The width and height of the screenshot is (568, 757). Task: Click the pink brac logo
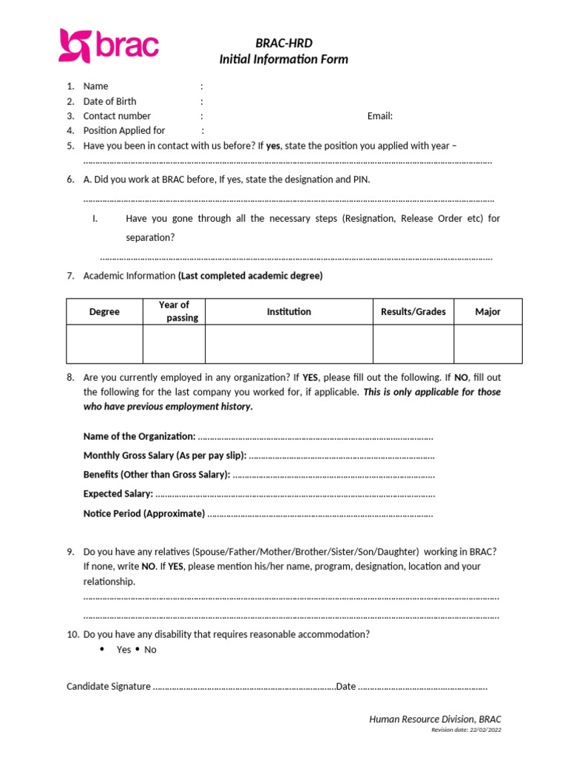109,46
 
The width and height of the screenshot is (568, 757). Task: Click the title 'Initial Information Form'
283,59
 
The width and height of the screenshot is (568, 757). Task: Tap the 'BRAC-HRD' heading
284,44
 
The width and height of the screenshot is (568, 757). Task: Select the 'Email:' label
380,116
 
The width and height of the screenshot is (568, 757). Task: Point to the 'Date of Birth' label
109,101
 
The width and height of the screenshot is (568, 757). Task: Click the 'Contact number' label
117,116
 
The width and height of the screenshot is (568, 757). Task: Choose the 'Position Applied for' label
124,131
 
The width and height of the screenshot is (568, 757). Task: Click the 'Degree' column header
104,312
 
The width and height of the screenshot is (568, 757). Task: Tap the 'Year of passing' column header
175,311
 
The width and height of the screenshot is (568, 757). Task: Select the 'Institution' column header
289,312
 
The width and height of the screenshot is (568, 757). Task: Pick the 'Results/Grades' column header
413,312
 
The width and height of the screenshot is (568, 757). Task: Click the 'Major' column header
488,312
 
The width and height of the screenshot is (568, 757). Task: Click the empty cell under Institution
289,344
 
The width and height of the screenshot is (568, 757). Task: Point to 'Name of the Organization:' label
140,436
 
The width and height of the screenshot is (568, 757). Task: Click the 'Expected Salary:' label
118,494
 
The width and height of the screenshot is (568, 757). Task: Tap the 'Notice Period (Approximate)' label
144,513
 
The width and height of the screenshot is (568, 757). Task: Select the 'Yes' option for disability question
124,650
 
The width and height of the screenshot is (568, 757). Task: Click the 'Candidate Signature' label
109,687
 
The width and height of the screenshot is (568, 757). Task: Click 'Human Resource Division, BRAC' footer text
435,719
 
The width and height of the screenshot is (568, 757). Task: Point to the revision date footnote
466,730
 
